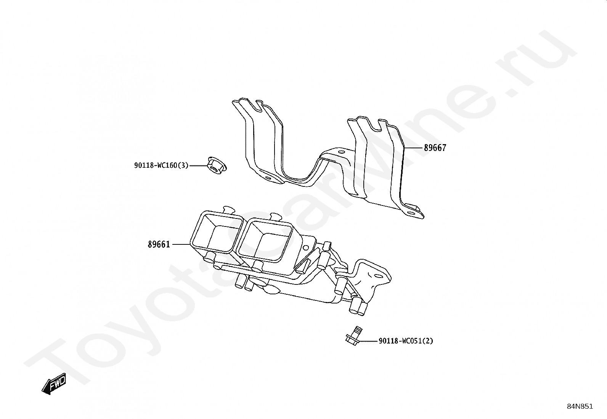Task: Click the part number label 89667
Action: pos(435,148)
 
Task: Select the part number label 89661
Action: pos(159,244)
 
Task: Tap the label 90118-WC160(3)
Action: pos(161,165)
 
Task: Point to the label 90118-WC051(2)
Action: pos(406,341)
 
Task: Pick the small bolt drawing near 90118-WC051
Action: pos(353,336)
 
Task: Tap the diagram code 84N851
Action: pos(580,406)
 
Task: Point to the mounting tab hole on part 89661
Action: pos(379,275)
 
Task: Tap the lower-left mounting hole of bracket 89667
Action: pos(268,178)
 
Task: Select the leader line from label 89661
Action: pos(181,244)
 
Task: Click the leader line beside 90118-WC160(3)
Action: pos(198,165)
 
